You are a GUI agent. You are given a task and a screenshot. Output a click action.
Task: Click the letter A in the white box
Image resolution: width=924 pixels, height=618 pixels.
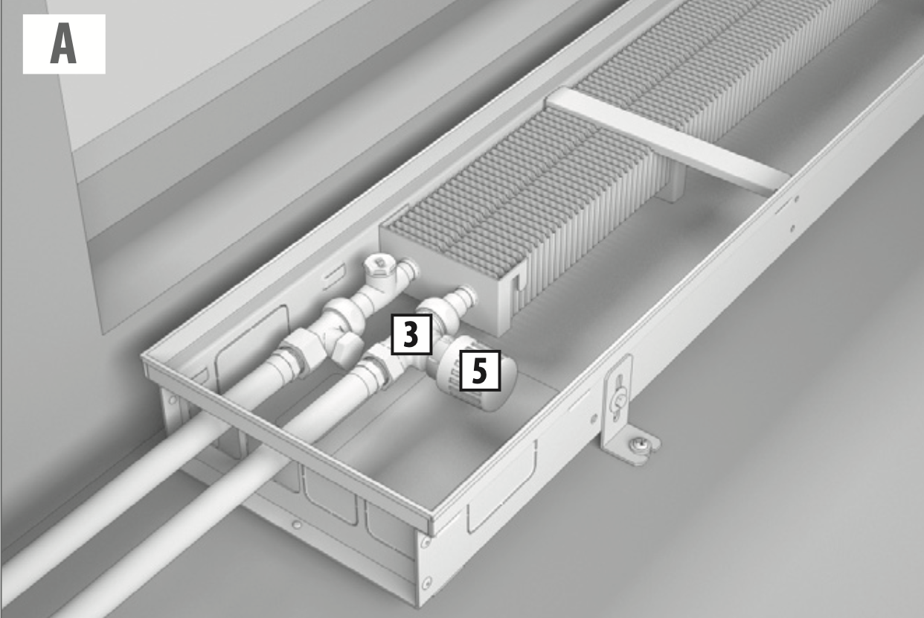[x=63, y=44]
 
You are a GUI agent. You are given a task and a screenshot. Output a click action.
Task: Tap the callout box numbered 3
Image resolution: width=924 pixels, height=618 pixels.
[x=411, y=334]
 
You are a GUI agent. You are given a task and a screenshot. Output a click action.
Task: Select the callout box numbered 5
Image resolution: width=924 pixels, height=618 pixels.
[x=480, y=371]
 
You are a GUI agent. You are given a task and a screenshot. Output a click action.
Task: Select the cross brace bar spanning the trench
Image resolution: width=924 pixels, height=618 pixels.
[x=668, y=139]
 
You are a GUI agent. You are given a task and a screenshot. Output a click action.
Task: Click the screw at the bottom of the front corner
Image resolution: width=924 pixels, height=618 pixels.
[x=428, y=582]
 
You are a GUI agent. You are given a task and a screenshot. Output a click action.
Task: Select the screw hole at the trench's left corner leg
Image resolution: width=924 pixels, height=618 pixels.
[x=173, y=400]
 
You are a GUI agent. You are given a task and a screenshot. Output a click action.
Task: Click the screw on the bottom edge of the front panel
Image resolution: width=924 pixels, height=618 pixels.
[x=297, y=525]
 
